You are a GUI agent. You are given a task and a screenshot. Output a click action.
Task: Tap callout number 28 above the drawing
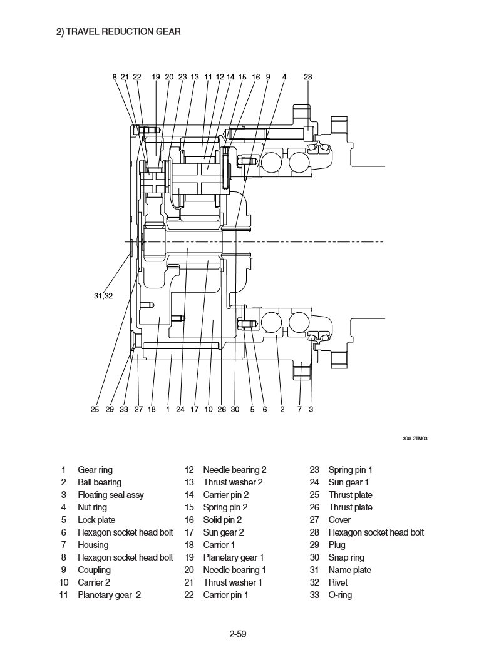tap(307, 77)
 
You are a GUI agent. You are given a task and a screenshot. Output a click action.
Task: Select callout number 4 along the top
tap(284, 77)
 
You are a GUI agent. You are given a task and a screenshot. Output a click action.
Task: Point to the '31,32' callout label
tap(103, 296)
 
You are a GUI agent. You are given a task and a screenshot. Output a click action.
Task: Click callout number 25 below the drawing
tap(95, 410)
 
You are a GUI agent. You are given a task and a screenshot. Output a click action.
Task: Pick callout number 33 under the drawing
tap(123, 410)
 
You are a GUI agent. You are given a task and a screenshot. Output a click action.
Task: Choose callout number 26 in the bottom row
tap(222, 410)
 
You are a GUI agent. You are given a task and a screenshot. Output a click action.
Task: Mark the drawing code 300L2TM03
tap(415, 439)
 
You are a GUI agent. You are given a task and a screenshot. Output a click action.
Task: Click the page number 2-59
tap(238, 634)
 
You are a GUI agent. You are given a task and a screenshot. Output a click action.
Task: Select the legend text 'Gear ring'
tap(95, 470)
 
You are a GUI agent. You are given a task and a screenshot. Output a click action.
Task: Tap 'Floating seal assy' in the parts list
tap(111, 495)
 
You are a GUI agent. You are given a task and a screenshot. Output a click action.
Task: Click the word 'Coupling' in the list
tap(94, 570)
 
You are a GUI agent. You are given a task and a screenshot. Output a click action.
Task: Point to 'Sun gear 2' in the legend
tap(224, 532)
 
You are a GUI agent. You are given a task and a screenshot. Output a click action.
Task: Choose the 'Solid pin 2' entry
tap(222, 520)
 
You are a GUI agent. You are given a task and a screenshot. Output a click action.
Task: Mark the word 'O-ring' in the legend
tap(340, 595)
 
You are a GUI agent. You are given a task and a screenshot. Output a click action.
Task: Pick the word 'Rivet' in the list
tap(338, 582)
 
